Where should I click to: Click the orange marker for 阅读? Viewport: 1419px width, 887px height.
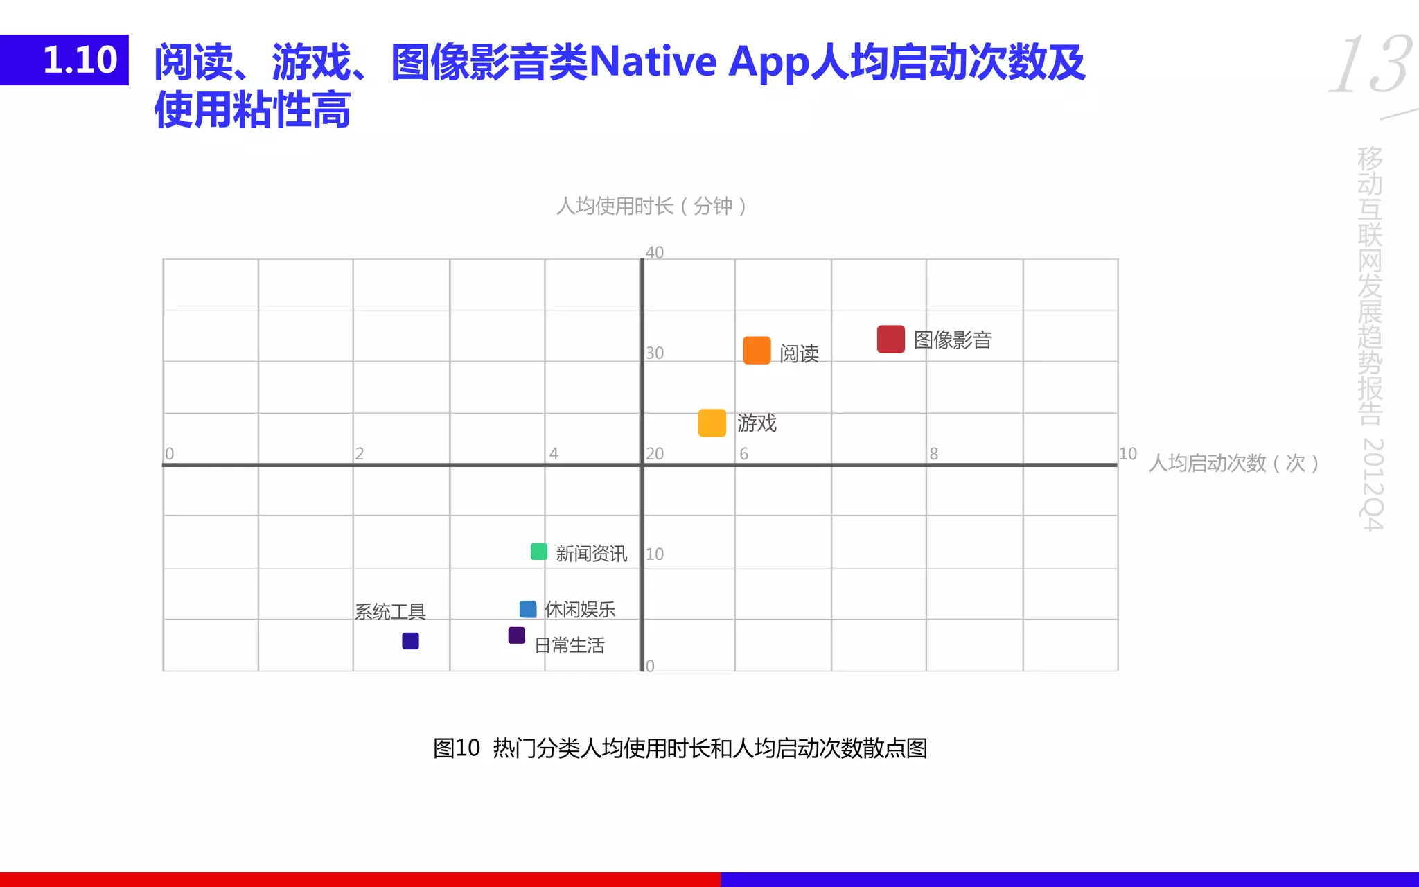point(757,351)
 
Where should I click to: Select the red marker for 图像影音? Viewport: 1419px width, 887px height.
point(890,339)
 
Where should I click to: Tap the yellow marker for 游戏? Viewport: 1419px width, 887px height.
point(712,423)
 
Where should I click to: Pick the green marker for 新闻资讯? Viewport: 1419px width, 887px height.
point(538,552)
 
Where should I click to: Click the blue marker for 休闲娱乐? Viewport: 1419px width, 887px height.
point(528,609)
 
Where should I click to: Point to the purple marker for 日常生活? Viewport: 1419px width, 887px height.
point(516,635)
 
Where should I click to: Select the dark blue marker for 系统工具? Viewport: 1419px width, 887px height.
point(410,641)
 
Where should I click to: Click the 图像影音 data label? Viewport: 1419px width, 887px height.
point(953,340)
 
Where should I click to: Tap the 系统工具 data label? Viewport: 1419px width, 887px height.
point(390,611)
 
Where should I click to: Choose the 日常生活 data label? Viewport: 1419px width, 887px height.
point(570,645)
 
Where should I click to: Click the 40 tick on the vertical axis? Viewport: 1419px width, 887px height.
point(655,252)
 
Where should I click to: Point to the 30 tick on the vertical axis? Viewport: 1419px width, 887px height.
point(655,353)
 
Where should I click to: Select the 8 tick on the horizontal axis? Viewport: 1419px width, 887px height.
point(934,454)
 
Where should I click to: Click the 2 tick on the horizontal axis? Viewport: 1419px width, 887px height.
point(360,454)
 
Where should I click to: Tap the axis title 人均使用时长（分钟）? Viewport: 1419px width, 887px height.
point(651,206)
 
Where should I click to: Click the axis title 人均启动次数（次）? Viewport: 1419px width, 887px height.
point(1233,463)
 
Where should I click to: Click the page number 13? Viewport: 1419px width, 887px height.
point(1370,65)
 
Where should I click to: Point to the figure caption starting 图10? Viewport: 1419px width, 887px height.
point(680,748)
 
